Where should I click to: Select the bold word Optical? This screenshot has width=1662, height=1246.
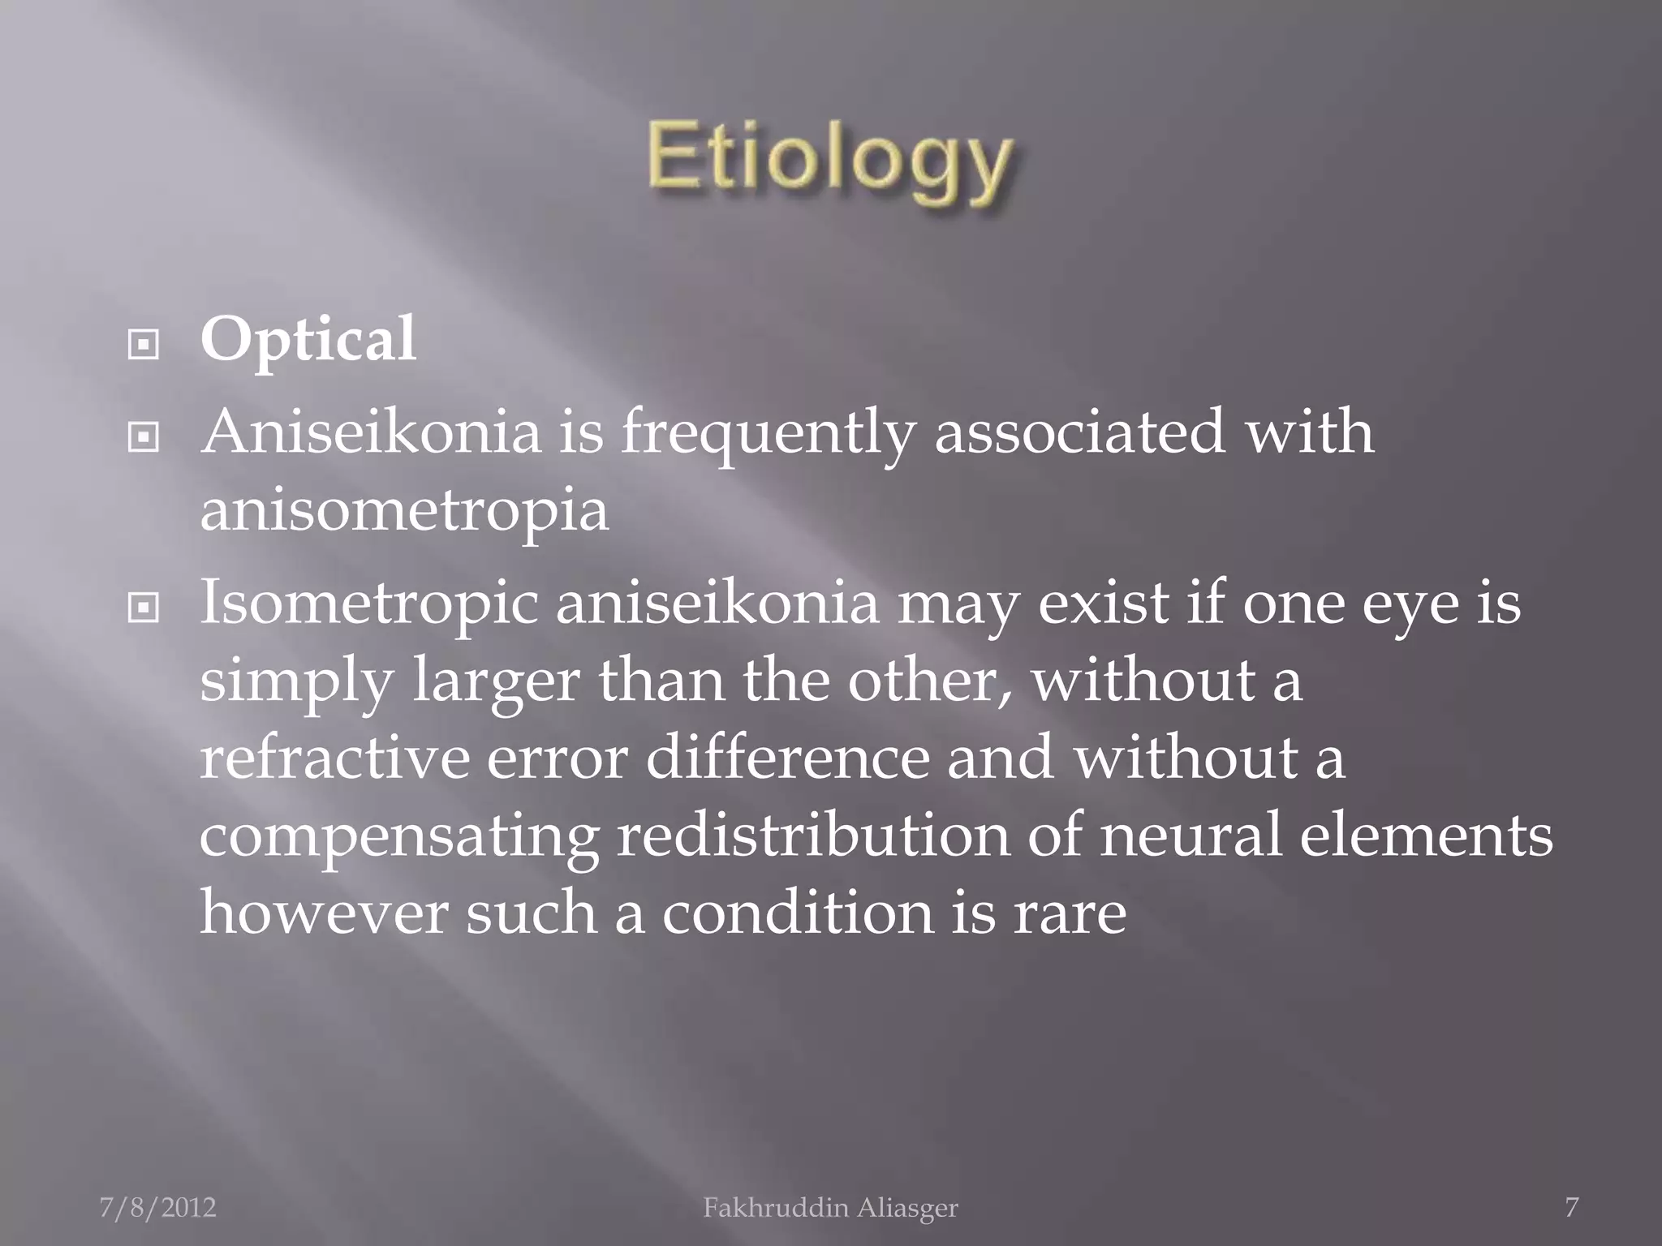[x=308, y=340]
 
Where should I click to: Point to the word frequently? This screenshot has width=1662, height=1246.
[x=766, y=435]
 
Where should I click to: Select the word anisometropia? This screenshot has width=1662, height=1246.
[x=404, y=510]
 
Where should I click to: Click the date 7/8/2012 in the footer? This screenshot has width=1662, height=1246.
[x=158, y=1208]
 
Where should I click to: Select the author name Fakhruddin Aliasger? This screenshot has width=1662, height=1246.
[x=830, y=1208]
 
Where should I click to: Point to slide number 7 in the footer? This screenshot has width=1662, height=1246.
[x=1571, y=1208]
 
